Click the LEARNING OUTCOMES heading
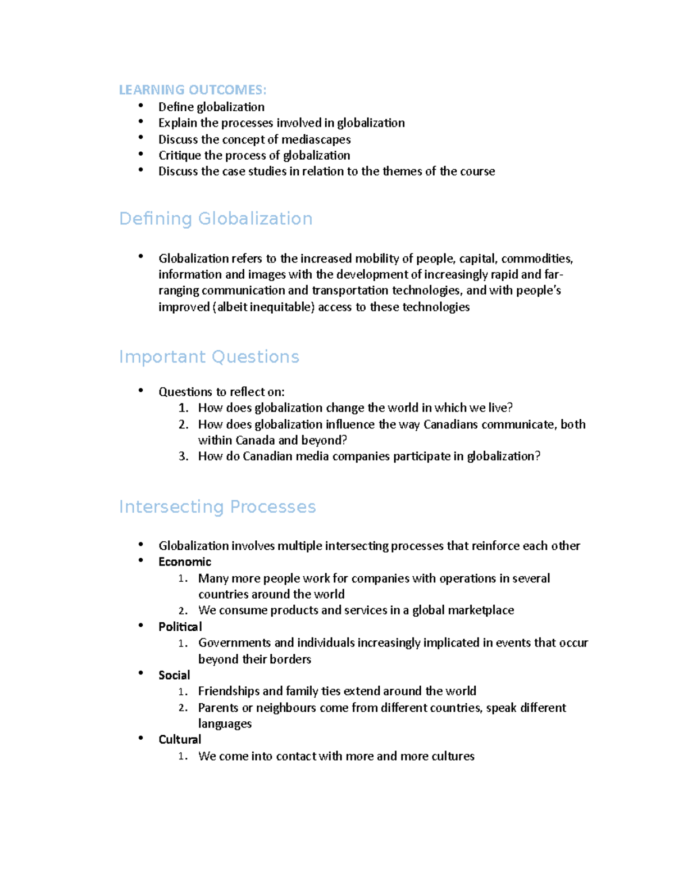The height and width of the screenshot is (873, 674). (x=193, y=90)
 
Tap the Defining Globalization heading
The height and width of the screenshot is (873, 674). (x=216, y=219)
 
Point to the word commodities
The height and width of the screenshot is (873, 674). (x=536, y=259)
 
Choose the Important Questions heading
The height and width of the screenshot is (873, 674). (x=209, y=357)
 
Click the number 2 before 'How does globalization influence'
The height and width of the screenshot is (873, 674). (x=183, y=424)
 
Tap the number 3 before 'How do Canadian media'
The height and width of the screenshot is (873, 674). (x=183, y=456)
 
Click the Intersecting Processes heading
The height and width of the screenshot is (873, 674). (x=217, y=507)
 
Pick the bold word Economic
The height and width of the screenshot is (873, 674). (x=185, y=562)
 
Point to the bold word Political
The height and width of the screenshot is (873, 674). (x=180, y=627)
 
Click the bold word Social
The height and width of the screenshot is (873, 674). (x=174, y=675)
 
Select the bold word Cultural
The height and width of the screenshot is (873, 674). (x=180, y=740)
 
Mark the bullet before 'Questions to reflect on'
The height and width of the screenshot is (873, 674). (x=140, y=391)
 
